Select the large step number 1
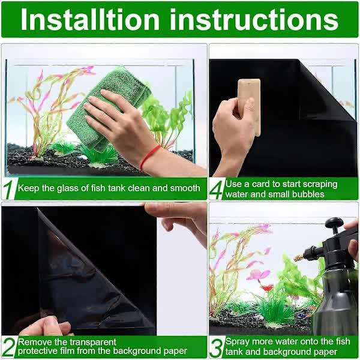pos(8,189)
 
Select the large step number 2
pos(8,347)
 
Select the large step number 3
pos(217,347)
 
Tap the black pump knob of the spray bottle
pos(334,225)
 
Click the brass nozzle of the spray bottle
pos(298,257)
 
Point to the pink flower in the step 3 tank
pos(259,275)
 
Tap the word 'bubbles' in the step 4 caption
pos(308,194)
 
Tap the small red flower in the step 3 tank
pos(266,288)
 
